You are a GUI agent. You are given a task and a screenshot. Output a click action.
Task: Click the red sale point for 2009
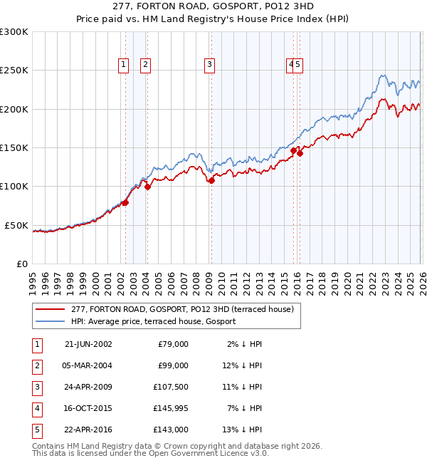coord(211,181)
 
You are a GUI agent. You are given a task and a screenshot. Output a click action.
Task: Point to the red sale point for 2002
coord(125,203)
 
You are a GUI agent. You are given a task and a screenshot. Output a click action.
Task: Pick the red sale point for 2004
coord(147,187)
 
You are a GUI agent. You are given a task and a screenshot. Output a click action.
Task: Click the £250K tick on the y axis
coord(14,71)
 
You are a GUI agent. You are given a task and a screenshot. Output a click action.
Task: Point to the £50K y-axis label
coord(16,225)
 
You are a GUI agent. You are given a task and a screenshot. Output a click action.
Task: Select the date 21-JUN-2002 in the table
coord(88,344)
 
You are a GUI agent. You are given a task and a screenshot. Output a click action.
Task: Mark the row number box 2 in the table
coord(36,365)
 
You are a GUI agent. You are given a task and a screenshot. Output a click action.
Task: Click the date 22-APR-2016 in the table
coord(88,430)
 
